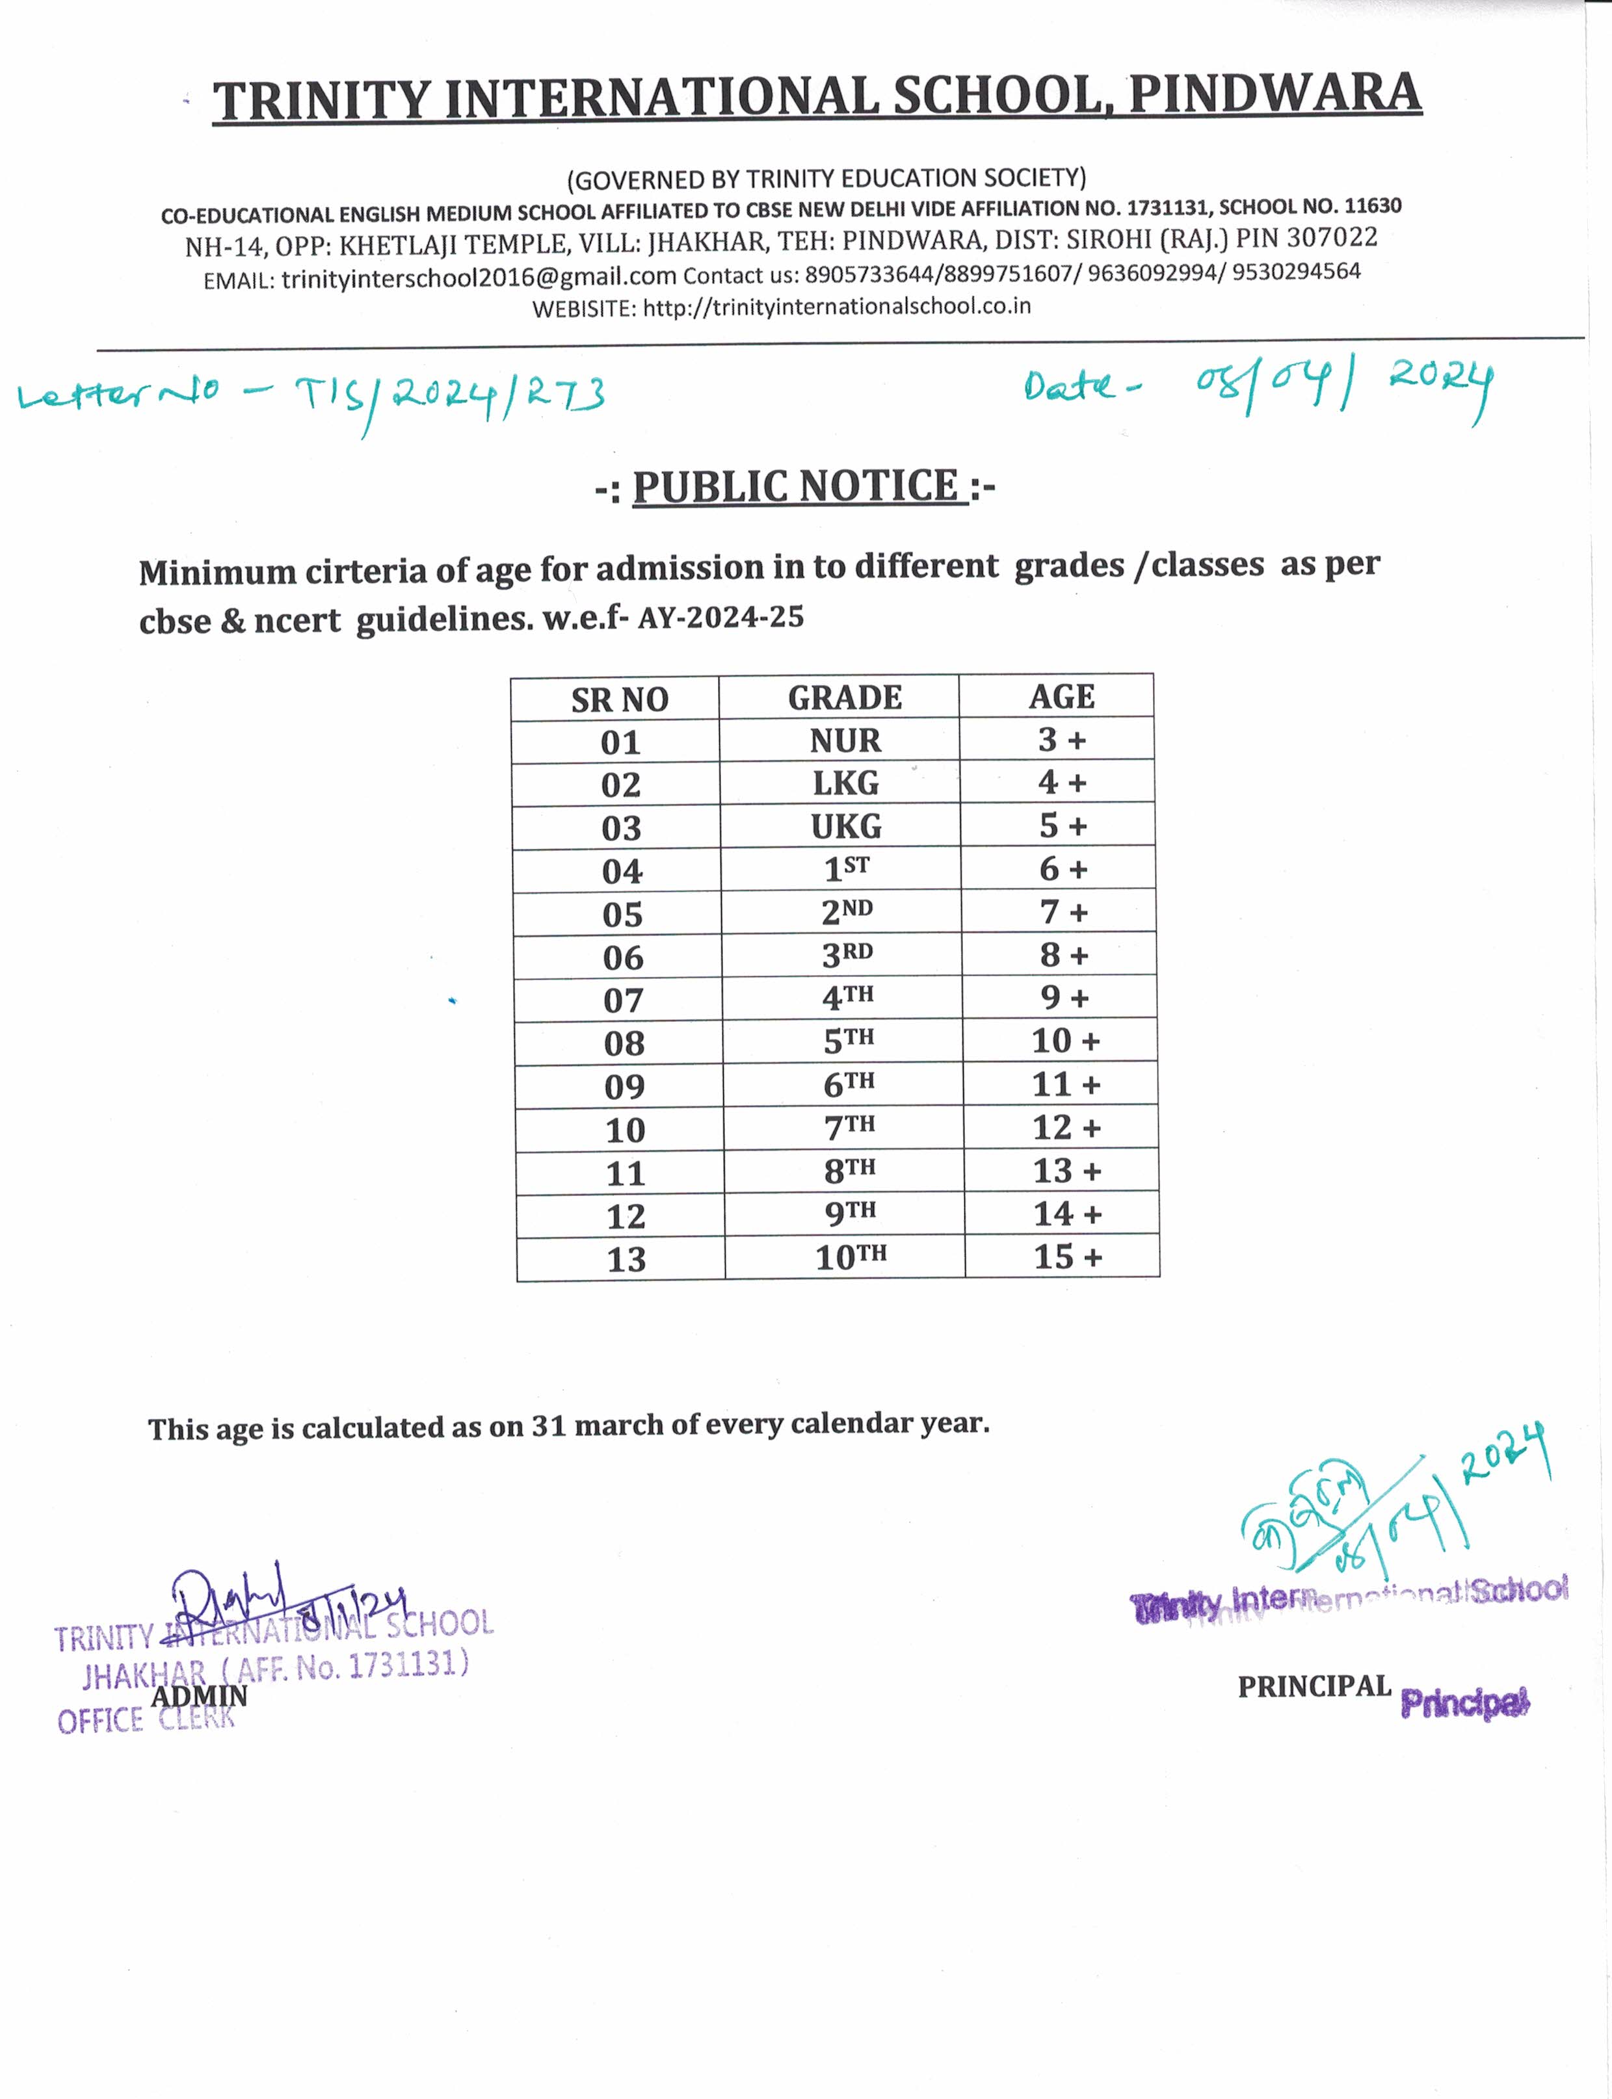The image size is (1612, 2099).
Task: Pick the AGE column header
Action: pos(1061,696)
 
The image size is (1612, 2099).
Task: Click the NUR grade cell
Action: pos(845,740)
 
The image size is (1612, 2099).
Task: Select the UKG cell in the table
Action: pos(845,827)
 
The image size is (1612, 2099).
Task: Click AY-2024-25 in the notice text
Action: pos(720,617)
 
